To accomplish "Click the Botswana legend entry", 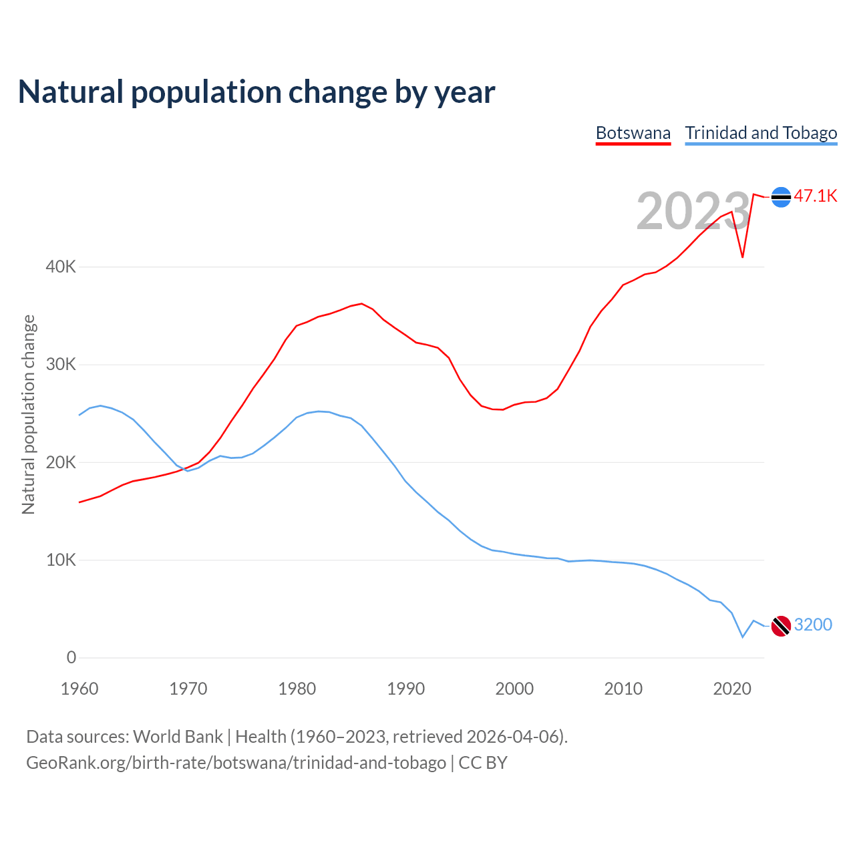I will tap(633, 133).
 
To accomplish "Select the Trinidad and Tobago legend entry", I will tap(761, 133).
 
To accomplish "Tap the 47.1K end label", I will tap(815, 196).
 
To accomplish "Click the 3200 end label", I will tap(813, 625).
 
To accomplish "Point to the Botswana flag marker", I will tap(781, 197).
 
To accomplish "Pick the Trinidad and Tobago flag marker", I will tap(781, 626).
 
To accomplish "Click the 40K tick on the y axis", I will tap(61, 267).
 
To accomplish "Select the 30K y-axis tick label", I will tap(61, 365).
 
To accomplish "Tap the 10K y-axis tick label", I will tap(61, 560).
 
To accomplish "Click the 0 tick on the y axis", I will tap(71, 658).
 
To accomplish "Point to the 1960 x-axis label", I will tap(79, 689).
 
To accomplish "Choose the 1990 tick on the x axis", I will tap(406, 689).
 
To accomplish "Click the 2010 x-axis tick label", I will tap(623, 689).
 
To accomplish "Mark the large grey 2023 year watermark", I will tap(693, 211).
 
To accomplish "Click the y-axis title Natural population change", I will tap(28, 414).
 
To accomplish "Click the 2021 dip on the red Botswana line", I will tap(742, 256).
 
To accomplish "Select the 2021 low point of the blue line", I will tap(742, 637).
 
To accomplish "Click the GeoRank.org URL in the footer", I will tap(236, 763).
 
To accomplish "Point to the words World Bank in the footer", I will tap(178, 737).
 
